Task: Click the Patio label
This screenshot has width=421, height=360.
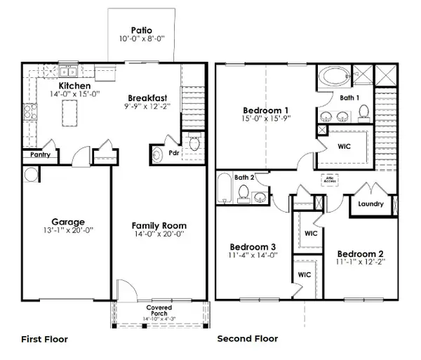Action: [142, 30]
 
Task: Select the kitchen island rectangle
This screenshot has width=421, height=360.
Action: [69, 110]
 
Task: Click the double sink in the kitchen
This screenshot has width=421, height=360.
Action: [68, 71]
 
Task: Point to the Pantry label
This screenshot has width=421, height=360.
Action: [39, 155]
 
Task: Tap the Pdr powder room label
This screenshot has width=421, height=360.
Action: [172, 152]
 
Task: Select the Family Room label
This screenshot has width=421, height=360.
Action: [159, 225]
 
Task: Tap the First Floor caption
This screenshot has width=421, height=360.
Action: [44, 339]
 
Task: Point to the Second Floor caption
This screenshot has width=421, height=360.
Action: [248, 339]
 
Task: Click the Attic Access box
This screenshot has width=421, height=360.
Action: [330, 180]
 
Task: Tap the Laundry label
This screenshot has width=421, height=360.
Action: [370, 204]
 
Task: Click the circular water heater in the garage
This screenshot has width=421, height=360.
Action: [31, 174]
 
